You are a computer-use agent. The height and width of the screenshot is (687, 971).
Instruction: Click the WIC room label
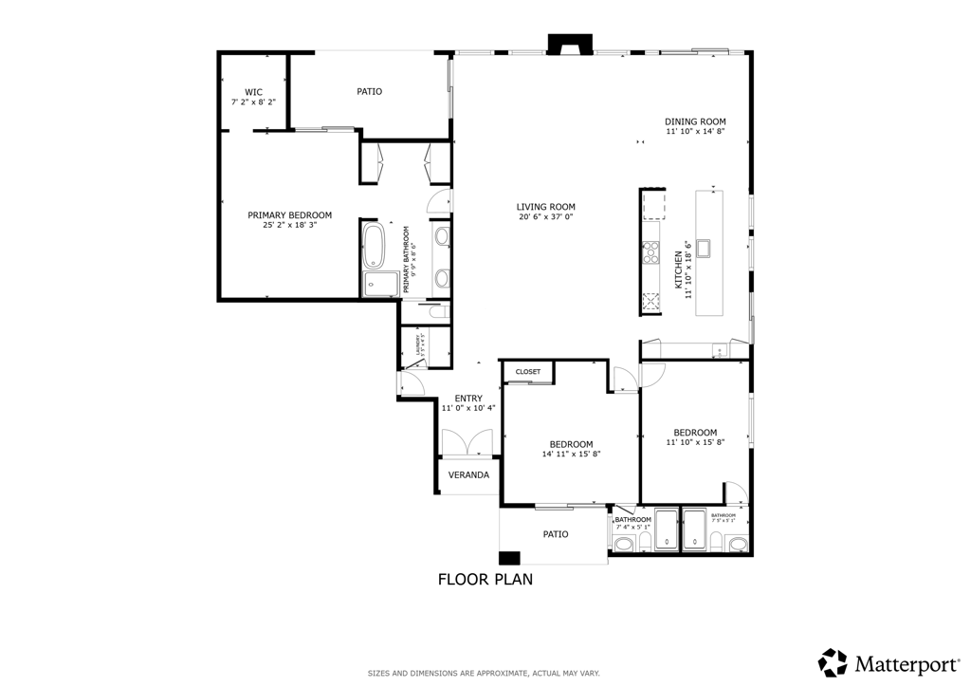coord(253,92)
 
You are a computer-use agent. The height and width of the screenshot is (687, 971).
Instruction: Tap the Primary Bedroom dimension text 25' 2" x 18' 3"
coord(290,226)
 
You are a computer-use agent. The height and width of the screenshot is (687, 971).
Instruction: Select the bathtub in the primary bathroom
coord(373,246)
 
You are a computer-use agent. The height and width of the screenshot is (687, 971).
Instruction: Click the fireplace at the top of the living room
coord(570,45)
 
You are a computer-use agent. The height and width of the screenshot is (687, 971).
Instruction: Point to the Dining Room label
coord(695,121)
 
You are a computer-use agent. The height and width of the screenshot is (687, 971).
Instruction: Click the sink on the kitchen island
coord(705,249)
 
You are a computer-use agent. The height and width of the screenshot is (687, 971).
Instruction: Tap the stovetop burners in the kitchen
coord(651,251)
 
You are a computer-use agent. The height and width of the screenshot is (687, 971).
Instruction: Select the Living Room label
coord(545,207)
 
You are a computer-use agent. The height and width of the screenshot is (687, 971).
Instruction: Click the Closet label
coord(528,372)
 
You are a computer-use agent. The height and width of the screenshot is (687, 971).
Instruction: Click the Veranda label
coord(468,474)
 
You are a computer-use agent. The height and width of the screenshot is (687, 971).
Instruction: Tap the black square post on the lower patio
coord(510,558)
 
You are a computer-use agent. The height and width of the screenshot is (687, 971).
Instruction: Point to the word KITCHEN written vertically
coord(678,270)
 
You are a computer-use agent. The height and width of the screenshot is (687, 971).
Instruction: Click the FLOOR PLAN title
coord(485,579)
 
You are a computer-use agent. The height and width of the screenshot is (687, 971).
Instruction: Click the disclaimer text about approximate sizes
coord(484,674)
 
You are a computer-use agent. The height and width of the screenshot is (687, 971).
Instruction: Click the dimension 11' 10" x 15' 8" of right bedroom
coord(695,442)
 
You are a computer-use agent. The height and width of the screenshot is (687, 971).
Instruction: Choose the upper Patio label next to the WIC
coord(369,92)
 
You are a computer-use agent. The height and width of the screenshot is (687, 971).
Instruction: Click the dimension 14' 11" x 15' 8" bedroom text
coord(571,455)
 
